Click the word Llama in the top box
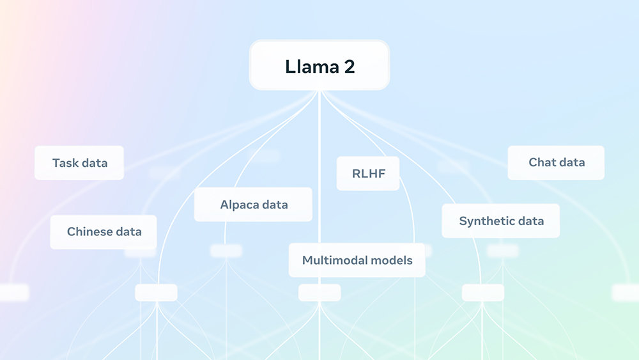point(312,67)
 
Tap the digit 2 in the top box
point(350,67)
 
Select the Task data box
point(79,162)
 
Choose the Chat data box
point(556,162)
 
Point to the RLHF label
point(369,173)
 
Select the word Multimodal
point(330,260)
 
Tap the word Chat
point(541,162)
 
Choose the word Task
point(65,163)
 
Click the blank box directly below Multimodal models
point(319,293)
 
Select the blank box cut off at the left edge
point(14,293)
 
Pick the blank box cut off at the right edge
point(626,293)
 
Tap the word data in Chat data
point(570,162)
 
